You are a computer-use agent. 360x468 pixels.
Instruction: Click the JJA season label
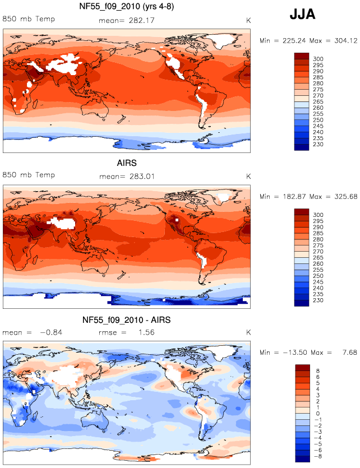click(302, 14)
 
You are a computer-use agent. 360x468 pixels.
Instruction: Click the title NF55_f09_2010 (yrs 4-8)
click(127, 6)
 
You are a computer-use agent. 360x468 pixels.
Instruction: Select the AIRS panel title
click(127, 163)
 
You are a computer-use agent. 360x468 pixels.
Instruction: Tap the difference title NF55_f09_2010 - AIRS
click(127, 320)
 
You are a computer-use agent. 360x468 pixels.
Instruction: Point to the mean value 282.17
click(141, 21)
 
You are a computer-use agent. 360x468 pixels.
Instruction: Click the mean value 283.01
click(142, 177)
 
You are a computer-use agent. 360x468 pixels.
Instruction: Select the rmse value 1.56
click(146, 332)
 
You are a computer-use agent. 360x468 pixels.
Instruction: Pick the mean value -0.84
click(51, 332)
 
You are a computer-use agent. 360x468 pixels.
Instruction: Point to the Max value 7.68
click(349, 353)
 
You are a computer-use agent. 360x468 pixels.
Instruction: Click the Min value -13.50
click(295, 353)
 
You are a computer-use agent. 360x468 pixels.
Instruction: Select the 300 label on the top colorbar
click(318, 59)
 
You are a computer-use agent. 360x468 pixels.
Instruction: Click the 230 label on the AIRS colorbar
click(318, 300)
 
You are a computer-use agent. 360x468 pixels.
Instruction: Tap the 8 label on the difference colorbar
click(317, 370)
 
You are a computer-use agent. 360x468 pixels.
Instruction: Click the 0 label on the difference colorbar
click(317, 414)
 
